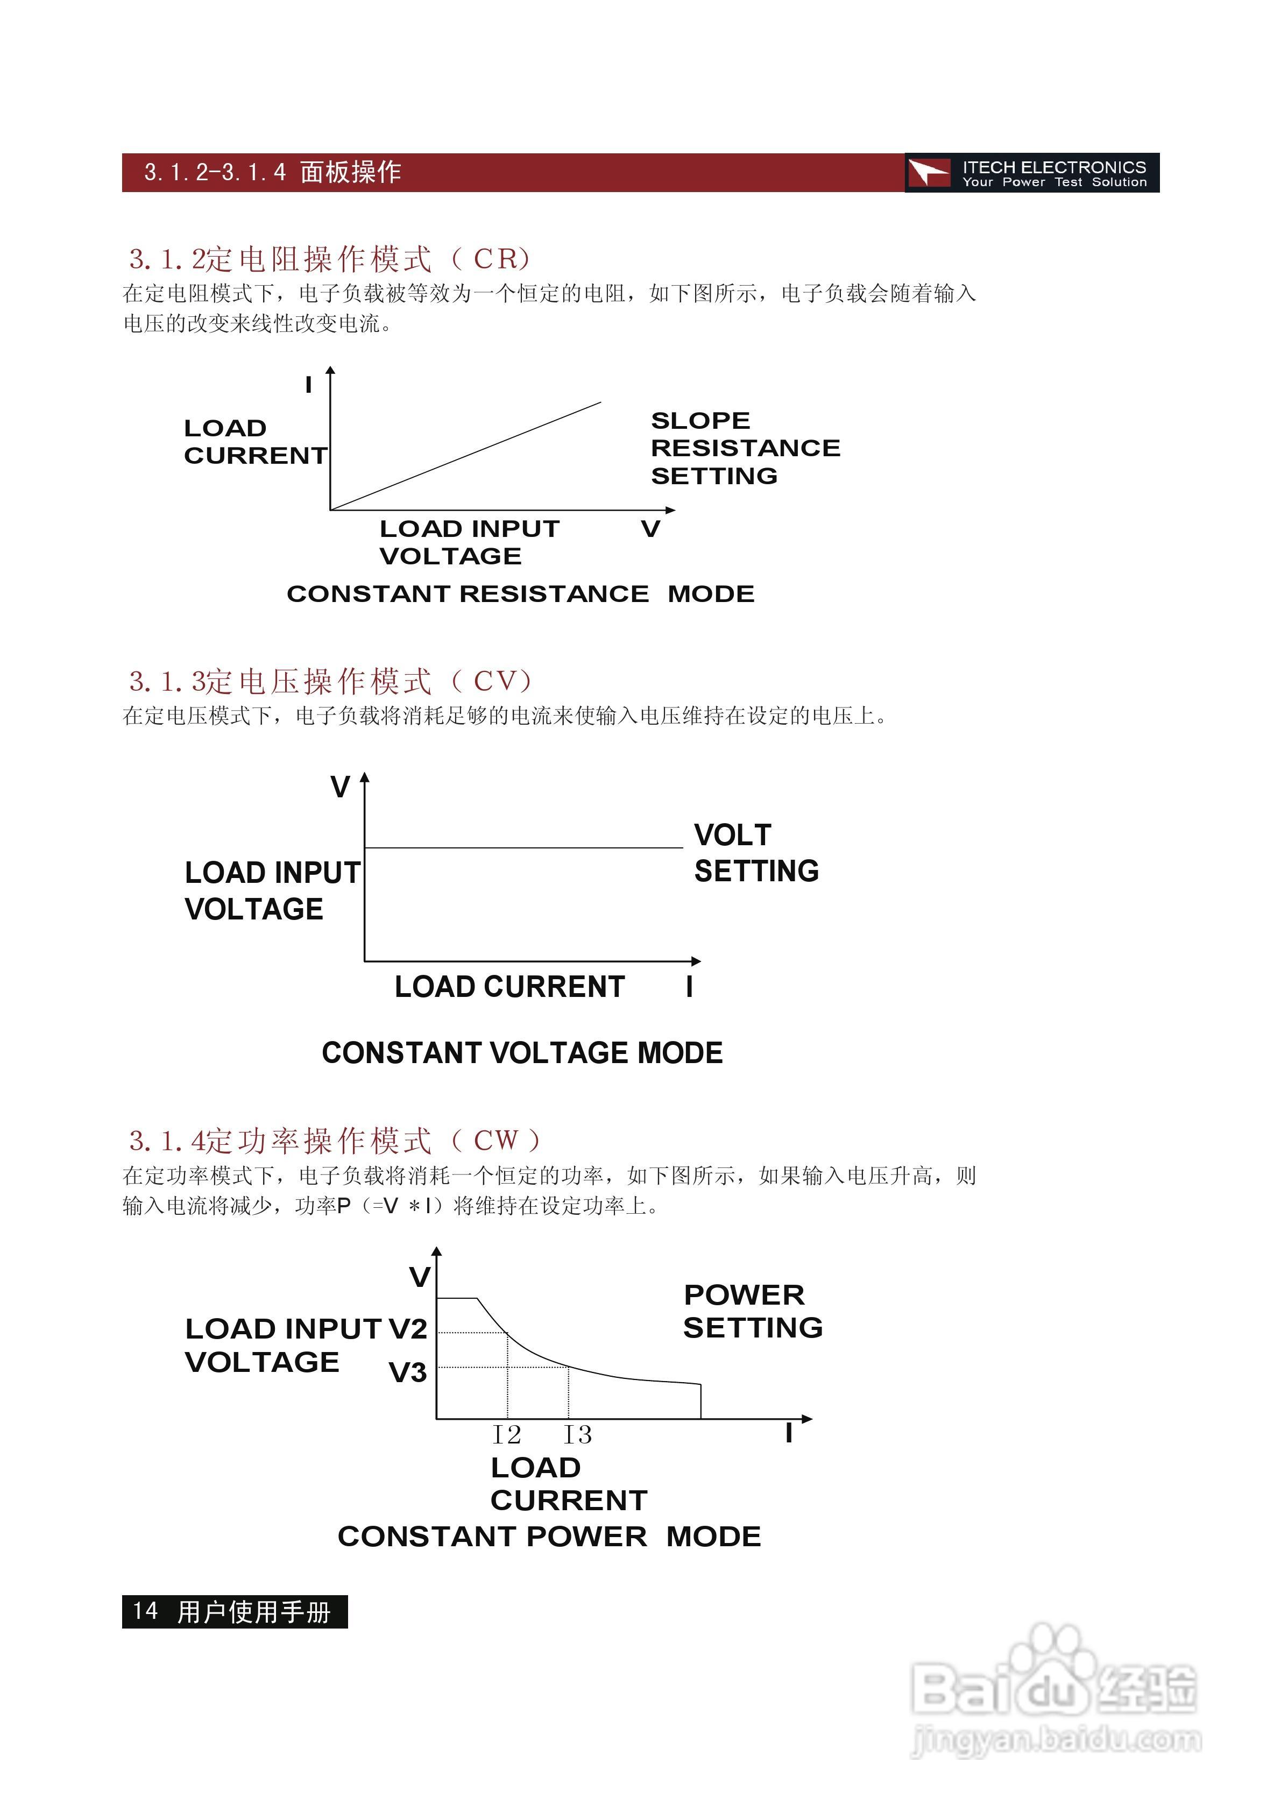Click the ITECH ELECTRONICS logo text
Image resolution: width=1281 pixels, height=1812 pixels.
pyautogui.click(x=1053, y=168)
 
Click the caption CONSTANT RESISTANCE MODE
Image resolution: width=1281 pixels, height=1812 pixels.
pyautogui.click(x=520, y=593)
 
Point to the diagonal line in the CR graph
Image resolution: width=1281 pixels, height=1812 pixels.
pyautogui.click(x=466, y=456)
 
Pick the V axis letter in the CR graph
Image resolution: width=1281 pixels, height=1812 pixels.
pyautogui.click(x=650, y=529)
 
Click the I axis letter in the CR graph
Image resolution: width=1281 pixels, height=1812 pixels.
pyautogui.click(x=309, y=385)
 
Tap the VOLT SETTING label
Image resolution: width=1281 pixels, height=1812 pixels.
pyautogui.click(x=755, y=853)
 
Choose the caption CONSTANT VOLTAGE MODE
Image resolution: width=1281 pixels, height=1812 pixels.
pyautogui.click(x=522, y=1053)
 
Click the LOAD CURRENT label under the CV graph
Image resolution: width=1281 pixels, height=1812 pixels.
pyautogui.click(x=509, y=987)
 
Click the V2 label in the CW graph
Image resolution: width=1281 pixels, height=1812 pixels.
pyautogui.click(x=408, y=1329)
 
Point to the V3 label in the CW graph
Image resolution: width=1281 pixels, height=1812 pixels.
pyautogui.click(x=408, y=1373)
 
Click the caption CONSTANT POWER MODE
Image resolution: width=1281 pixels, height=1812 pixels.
pyautogui.click(x=549, y=1537)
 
